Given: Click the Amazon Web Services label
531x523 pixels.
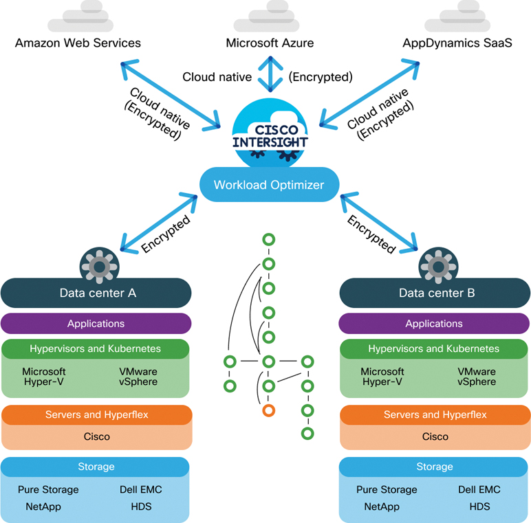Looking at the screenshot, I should tap(78, 43).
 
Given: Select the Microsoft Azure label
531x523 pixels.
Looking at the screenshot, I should tap(270, 43).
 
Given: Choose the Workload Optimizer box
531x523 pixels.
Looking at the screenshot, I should tap(268, 185).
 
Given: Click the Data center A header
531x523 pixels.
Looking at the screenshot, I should tap(96, 293).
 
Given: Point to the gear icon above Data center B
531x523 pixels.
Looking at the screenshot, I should tap(435, 264).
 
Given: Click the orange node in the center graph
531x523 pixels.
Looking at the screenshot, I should tap(269, 410).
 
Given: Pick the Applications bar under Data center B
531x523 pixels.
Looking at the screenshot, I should tap(434, 324).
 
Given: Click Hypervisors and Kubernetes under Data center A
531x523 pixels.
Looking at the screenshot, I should tap(96, 348).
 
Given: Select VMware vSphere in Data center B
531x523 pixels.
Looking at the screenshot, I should tap(476, 377).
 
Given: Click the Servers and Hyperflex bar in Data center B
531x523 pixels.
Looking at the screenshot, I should tap(435, 414).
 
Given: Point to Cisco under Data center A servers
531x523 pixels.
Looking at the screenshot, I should tap(97, 436).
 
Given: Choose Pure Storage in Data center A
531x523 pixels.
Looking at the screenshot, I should tap(48, 490).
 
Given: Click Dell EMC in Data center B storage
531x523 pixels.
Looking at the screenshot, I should tap(479, 490).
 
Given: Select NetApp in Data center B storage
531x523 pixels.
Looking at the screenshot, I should tap(382, 507).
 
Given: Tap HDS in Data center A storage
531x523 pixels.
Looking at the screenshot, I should tap(141, 507).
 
